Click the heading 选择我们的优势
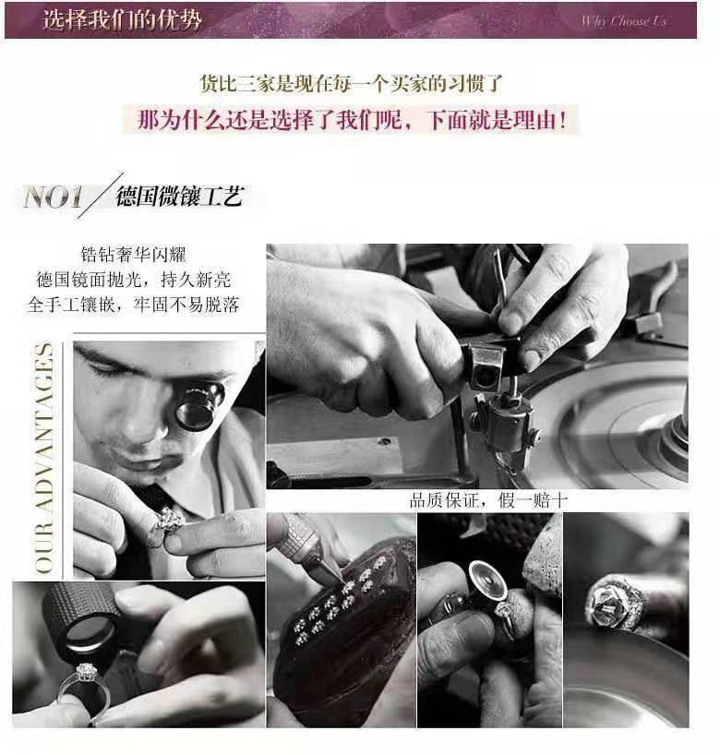[122, 19]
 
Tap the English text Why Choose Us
[623, 21]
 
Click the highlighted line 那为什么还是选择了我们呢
[352, 120]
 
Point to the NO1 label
[54, 197]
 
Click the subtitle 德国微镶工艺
[179, 196]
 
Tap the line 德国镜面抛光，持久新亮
[138, 279]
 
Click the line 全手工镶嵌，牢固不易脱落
[138, 304]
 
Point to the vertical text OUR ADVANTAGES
[43, 459]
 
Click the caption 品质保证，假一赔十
[489, 501]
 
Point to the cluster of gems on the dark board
[334, 609]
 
